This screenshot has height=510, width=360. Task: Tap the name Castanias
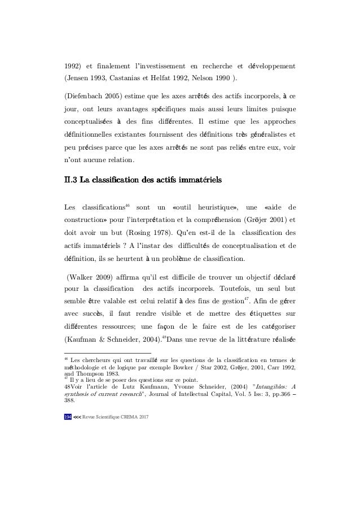pos(133,77)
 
